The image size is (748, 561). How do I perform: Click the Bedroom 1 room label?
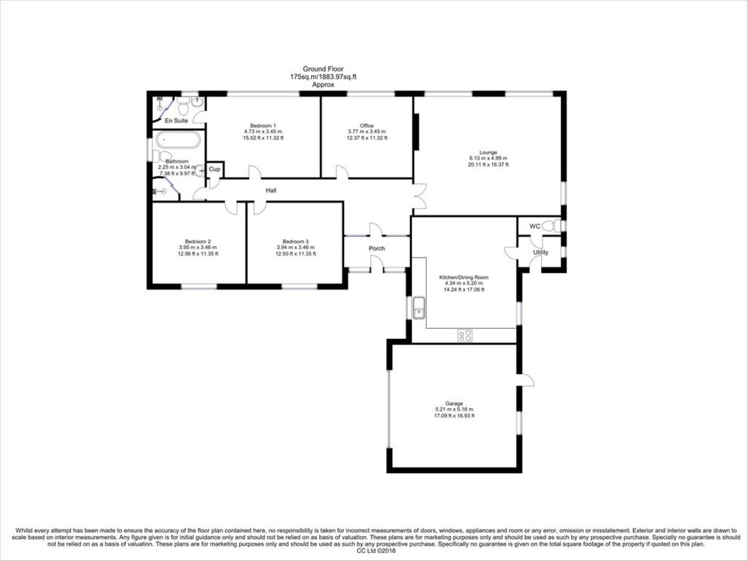click(x=263, y=125)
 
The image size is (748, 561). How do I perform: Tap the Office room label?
click(x=367, y=125)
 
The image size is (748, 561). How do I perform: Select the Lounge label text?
click(x=488, y=152)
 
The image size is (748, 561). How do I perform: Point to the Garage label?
click(x=454, y=403)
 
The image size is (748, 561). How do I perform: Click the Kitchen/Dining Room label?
click(x=464, y=277)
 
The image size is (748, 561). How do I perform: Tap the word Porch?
click(x=376, y=249)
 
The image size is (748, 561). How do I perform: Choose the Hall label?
click(x=271, y=190)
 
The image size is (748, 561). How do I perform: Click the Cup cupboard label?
click(x=214, y=170)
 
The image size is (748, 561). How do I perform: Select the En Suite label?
click(x=176, y=120)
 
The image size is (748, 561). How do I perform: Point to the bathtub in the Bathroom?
click(x=177, y=140)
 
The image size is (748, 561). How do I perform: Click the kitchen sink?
click(x=418, y=308)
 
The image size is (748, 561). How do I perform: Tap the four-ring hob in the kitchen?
click(x=465, y=335)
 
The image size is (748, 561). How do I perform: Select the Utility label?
click(x=540, y=252)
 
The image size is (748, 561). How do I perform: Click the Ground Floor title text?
click(x=323, y=69)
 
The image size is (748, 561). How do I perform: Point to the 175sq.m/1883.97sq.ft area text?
click(x=323, y=77)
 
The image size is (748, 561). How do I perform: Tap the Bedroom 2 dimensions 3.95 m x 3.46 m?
click(x=198, y=247)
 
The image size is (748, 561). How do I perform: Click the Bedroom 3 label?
click(x=295, y=241)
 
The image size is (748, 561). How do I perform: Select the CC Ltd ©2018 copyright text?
click(x=376, y=550)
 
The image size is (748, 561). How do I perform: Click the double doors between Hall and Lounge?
click(x=420, y=196)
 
